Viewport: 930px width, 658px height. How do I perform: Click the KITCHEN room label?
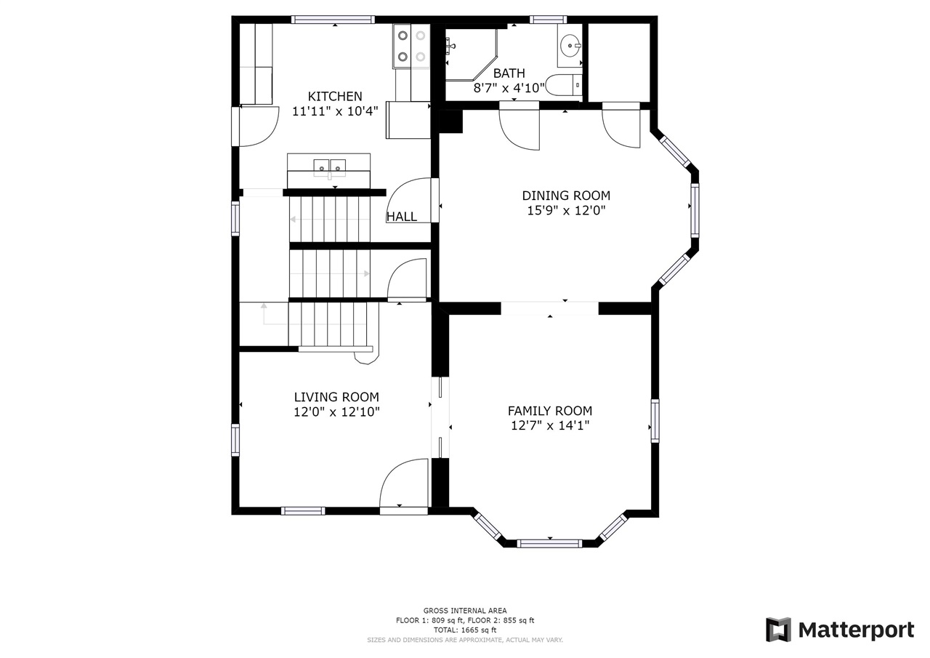(x=335, y=96)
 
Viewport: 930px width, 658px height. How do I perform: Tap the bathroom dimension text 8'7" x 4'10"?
(x=509, y=88)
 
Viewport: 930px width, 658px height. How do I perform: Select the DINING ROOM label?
(x=566, y=196)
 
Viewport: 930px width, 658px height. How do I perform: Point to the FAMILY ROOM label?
(x=549, y=411)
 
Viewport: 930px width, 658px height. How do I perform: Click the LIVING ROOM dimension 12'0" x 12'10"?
(x=336, y=412)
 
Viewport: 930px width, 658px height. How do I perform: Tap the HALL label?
(x=402, y=217)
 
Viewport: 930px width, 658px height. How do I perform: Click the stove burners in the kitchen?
(x=411, y=45)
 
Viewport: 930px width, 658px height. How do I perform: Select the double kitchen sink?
(x=329, y=168)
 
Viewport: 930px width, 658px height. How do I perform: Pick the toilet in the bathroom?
(x=564, y=86)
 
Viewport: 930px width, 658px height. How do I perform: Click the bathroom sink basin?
(x=570, y=46)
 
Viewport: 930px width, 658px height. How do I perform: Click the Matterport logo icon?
(x=778, y=630)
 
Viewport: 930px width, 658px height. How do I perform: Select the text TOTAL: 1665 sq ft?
(x=465, y=630)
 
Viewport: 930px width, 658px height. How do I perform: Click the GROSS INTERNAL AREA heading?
(x=465, y=611)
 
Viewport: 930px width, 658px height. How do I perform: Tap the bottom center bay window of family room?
(x=549, y=542)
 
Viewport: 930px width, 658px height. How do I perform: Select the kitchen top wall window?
(x=333, y=20)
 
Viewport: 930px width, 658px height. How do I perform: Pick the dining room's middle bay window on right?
(x=695, y=210)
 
